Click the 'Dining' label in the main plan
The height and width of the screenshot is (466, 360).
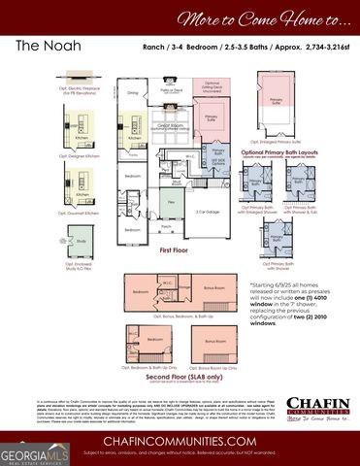tap(133, 93)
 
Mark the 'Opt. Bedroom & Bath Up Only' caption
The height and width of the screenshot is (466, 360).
tap(148, 368)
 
